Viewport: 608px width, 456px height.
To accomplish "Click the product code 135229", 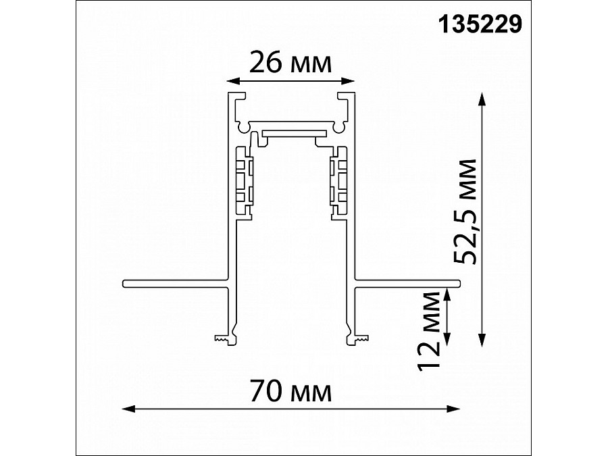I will point(481,25).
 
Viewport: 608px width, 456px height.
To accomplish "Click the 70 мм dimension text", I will point(290,392).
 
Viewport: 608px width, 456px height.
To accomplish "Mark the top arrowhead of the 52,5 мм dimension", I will point(482,99).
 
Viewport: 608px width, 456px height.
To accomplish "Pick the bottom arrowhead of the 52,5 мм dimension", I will point(482,343).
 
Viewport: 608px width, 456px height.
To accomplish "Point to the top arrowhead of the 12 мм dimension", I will point(448,295).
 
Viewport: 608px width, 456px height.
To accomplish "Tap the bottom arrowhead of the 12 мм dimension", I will point(448,343).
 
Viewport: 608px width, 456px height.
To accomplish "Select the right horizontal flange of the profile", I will point(405,283).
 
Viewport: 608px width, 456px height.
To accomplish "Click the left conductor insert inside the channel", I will point(243,182).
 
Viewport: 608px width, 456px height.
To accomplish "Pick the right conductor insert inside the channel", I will point(337,182).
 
